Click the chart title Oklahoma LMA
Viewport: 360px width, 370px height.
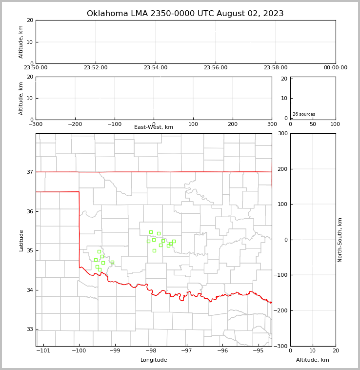click(185, 14)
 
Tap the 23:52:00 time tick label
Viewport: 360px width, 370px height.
click(96, 68)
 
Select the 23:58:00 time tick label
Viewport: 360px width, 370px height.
click(276, 68)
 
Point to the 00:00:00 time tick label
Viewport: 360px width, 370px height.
click(335, 68)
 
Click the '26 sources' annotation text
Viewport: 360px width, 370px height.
click(304, 114)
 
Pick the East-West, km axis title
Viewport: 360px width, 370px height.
click(154, 127)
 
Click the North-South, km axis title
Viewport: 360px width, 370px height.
click(340, 240)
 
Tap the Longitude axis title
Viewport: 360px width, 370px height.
click(154, 360)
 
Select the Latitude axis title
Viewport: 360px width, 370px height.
click(21, 240)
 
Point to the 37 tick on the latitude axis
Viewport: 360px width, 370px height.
click(30, 172)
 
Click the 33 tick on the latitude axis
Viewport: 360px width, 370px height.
click(30, 329)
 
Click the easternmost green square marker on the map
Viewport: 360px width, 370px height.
click(174, 241)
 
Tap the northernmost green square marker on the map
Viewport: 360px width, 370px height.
click(151, 232)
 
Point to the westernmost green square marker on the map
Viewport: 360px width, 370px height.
click(96, 260)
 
